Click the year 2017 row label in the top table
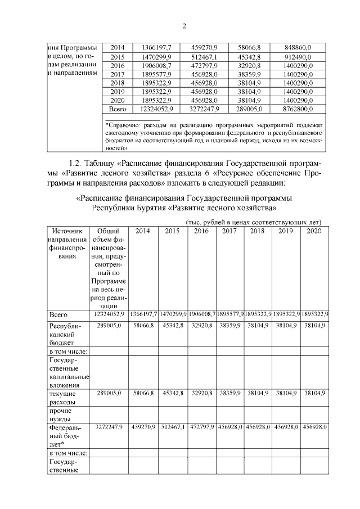(x=118, y=74)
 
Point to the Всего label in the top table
(x=118, y=109)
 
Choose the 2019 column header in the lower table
(x=286, y=231)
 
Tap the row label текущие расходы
(x=62, y=398)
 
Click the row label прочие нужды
(x=60, y=415)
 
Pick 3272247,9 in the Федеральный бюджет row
(x=109, y=428)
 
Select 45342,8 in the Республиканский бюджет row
(x=172, y=326)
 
